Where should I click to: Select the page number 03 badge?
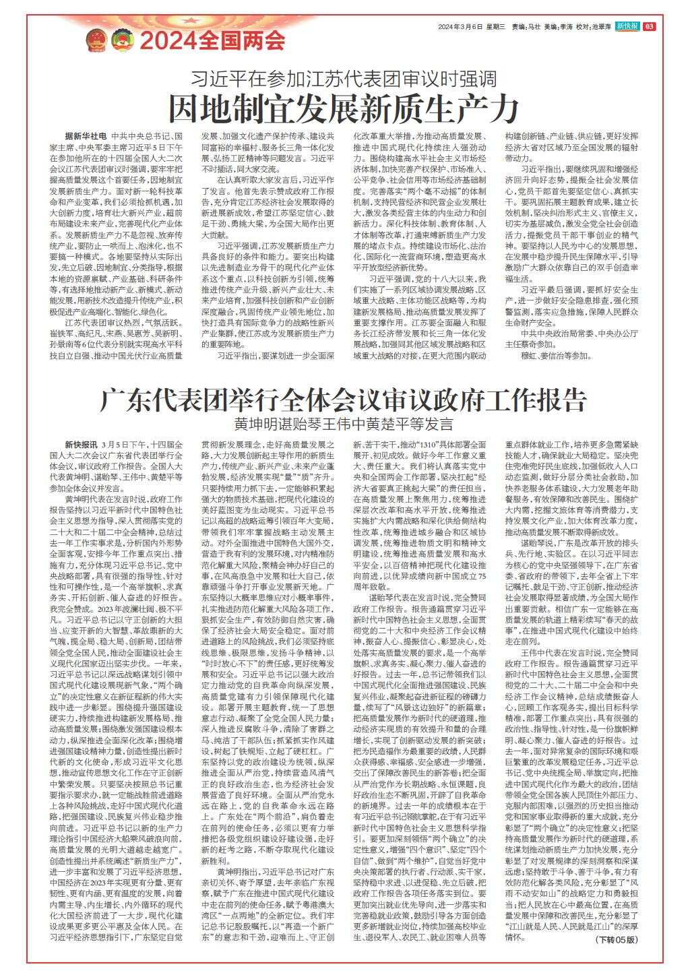(x=649, y=26)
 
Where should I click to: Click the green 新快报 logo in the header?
(x=627, y=26)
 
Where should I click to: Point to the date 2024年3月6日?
(x=459, y=27)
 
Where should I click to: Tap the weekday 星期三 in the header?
(x=495, y=27)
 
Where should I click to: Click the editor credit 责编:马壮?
(x=526, y=27)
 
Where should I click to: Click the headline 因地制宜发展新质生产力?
(x=344, y=107)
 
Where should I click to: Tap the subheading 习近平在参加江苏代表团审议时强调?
(x=344, y=77)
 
